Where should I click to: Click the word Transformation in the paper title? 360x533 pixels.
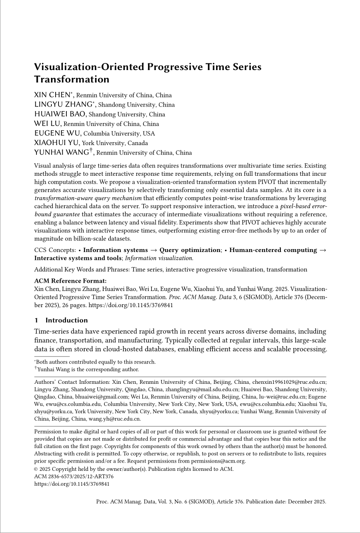coord(71,79)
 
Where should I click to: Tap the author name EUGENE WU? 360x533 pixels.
coord(58,133)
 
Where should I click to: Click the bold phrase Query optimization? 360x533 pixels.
coord(190,250)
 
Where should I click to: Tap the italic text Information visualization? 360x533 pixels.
coord(159,258)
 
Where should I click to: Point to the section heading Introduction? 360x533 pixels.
coord(66,320)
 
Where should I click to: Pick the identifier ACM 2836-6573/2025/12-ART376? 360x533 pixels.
coord(73,476)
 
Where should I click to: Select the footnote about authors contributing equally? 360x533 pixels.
coord(95,362)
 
